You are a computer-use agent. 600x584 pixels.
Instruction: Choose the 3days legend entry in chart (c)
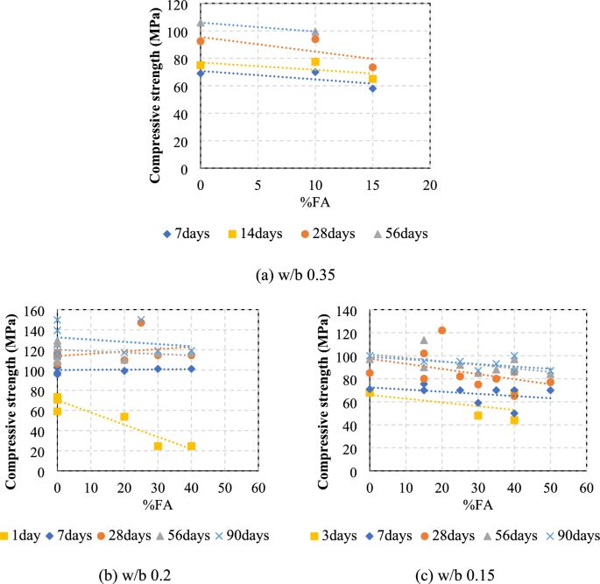[x=334, y=535]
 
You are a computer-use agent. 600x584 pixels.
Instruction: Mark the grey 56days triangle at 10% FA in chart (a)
[x=315, y=32]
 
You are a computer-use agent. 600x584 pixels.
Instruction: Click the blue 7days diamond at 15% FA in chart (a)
[x=372, y=88]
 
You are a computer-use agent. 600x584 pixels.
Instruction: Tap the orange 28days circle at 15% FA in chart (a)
[x=372, y=67]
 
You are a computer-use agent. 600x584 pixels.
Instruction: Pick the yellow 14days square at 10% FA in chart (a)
[x=315, y=62]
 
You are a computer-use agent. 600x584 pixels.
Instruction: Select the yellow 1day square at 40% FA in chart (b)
[x=191, y=447]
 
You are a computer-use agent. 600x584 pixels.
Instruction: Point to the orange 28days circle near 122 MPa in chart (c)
[x=441, y=331]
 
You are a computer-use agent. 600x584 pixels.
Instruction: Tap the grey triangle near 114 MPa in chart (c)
[x=424, y=341]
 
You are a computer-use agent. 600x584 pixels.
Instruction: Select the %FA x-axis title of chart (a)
[x=314, y=201]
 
